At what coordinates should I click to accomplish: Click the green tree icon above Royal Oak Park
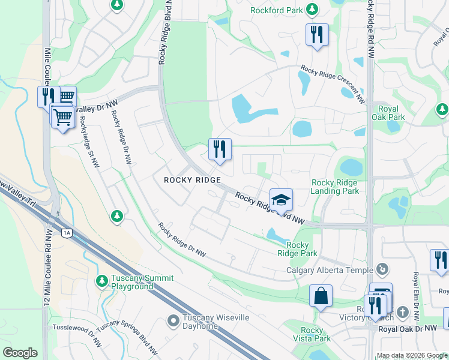(442, 109)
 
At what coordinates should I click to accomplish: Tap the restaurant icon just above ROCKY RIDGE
(220, 149)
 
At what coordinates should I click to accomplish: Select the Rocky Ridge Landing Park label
(335, 187)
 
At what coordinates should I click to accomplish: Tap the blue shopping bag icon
(321, 296)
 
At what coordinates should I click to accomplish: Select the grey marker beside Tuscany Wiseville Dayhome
(173, 322)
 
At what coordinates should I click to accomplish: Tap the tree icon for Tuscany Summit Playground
(102, 280)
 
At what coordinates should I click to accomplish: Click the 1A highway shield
(66, 232)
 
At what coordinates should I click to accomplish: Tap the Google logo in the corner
(20, 353)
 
